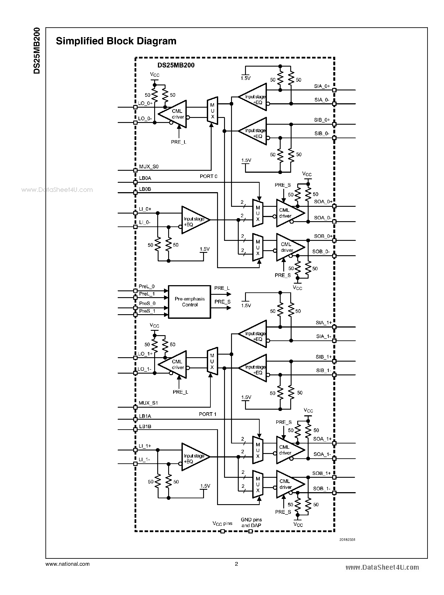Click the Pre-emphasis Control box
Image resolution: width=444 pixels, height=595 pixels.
[x=190, y=302]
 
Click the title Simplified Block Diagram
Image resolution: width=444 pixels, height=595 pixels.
[x=116, y=41]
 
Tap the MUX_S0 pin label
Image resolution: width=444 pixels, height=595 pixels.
[x=149, y=167]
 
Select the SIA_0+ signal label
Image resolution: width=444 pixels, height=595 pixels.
[x=322, y=86]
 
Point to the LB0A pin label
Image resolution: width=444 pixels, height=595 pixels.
[x=145, y=178]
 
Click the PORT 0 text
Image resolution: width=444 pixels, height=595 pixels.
[x=208, y=176]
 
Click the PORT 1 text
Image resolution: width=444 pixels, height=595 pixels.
[x=207, y=414]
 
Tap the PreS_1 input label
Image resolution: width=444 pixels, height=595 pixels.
[x=147, y=311]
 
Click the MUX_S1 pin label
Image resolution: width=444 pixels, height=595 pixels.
[x=148, y=403]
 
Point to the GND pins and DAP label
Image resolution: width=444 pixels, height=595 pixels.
[x=251, y=523]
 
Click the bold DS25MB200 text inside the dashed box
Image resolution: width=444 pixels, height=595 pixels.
[x=176, y=65]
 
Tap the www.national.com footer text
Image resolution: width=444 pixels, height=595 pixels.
[x=67, y=564]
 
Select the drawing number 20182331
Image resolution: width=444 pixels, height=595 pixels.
[x=347, y=540]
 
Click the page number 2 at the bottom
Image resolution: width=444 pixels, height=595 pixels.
[x=237, y=564]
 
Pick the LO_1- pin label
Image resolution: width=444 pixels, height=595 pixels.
[x=144, y=369]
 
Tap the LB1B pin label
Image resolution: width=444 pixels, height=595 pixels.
[x=145, y=426]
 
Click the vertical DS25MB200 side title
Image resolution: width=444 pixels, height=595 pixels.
[x=37, y=50]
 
